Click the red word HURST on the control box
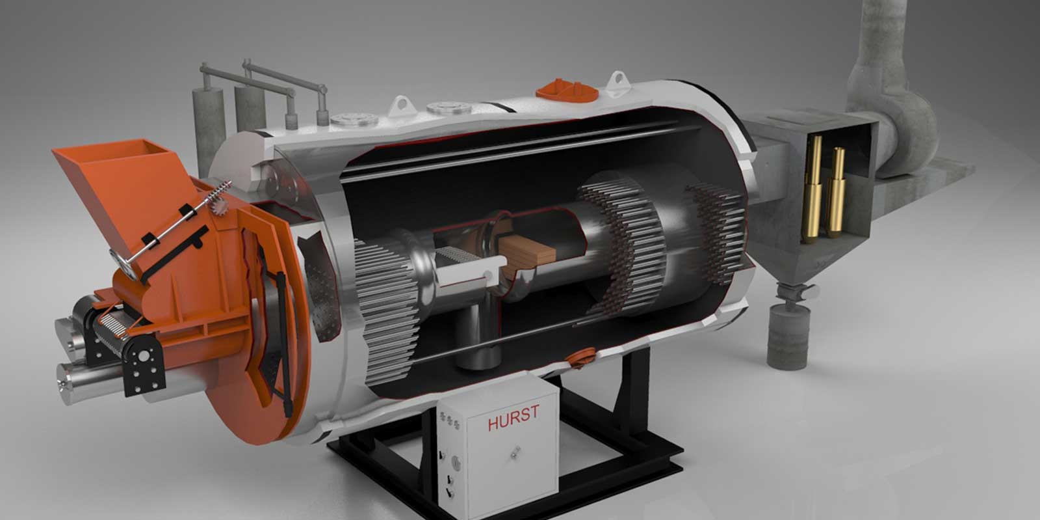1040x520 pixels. coord(513,417)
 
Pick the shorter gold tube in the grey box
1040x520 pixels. coord(836,191)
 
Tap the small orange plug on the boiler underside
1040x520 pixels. coord(580,357)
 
